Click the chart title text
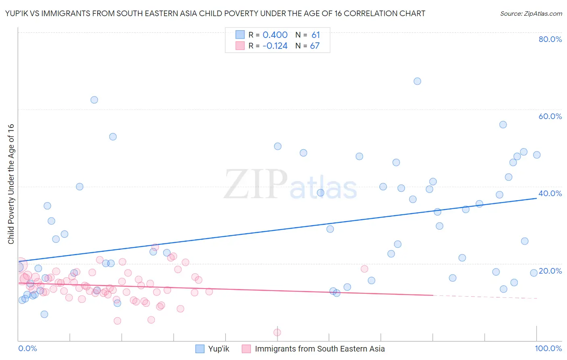click(215, 14)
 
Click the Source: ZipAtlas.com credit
click(531, 14)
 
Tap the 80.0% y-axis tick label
click(550, 39)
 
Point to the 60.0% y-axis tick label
click(550, 116)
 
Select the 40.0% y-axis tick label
click(550, 193)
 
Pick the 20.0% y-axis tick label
click(550, 271)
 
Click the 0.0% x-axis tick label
click(27, 348)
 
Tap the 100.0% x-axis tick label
click(548, 348)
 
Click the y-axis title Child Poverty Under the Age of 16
click(11, 184)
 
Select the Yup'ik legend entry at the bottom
click(212, 349)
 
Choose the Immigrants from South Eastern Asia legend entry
click(313, 349)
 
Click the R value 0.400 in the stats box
click(275, 35)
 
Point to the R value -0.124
click(275, 46)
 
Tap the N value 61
click(315, 35)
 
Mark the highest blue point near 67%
click(417, 81)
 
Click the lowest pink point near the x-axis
click(277, 333)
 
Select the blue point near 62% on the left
click(94, 100)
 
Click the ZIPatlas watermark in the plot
click(290, 185)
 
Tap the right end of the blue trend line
click(536, 198)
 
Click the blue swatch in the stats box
click(240, 35)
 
